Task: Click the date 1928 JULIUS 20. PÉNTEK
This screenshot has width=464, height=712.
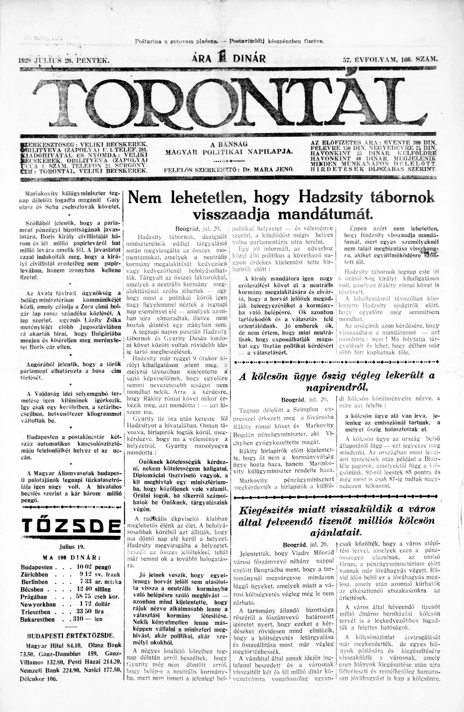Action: [64, 60]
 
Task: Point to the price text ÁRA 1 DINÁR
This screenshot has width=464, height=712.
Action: [229, 58]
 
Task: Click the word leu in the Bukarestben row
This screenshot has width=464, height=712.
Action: [99, 619]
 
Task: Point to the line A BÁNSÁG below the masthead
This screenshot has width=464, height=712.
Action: [229, 144]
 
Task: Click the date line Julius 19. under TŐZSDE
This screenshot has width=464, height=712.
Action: [72, 547]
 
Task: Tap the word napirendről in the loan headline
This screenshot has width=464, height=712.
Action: [337, 388]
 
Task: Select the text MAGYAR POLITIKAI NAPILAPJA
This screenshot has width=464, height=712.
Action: [229, 152]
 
